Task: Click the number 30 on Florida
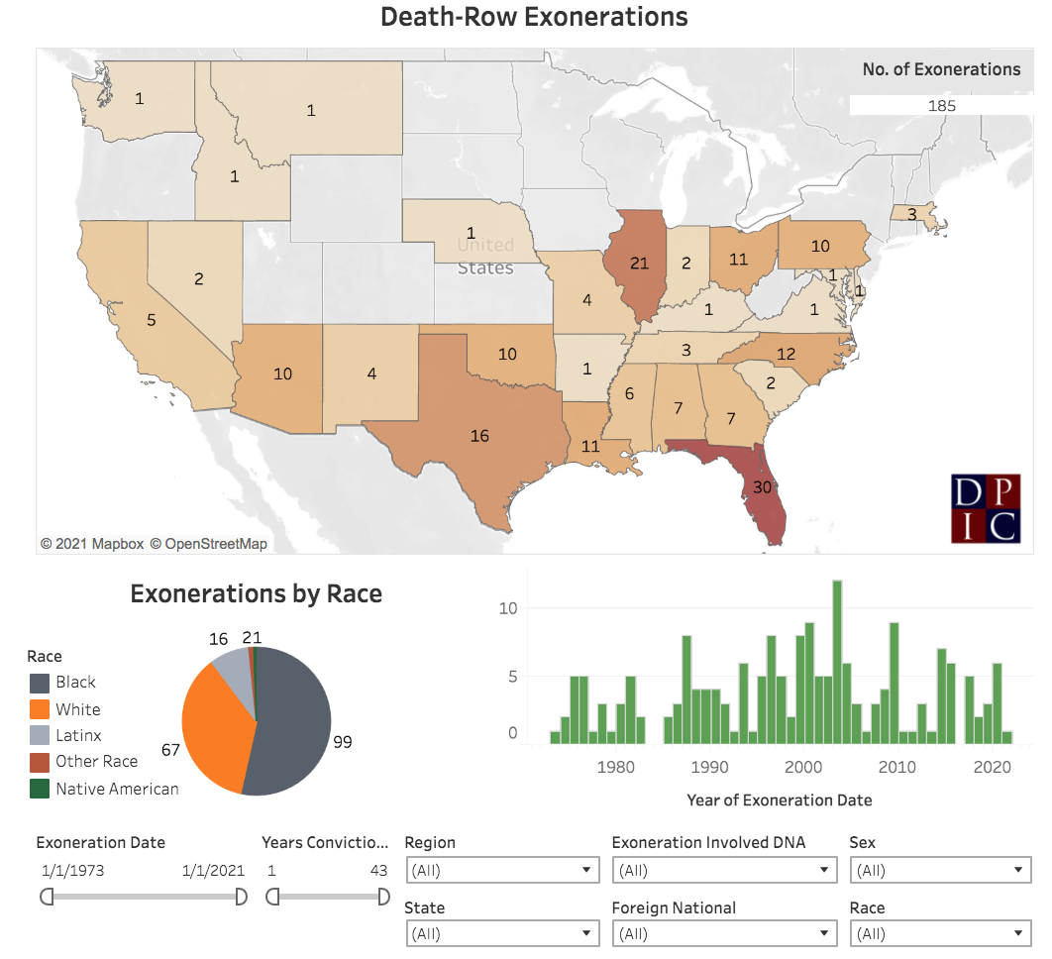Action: coord(762,486)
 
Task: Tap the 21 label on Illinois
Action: coord(639,263)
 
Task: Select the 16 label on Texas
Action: coord(479,436)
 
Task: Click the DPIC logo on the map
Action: coord(986,508)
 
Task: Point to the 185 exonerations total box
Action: coord(941,106)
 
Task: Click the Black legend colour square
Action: coord(40,683)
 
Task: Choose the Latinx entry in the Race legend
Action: coord(78,736)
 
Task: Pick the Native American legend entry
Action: coord(117,790)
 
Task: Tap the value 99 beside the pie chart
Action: coord(343,741)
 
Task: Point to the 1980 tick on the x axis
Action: coord(616,767)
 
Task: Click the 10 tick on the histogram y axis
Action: coord(507,608)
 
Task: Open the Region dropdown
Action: coord(502,871)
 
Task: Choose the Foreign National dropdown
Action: coord(724,933)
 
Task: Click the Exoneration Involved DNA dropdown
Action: coord(724,871)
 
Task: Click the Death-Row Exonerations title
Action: coord(534,17)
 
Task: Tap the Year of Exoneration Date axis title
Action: coord(780,799)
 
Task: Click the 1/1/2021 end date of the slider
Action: coord(214,871)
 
